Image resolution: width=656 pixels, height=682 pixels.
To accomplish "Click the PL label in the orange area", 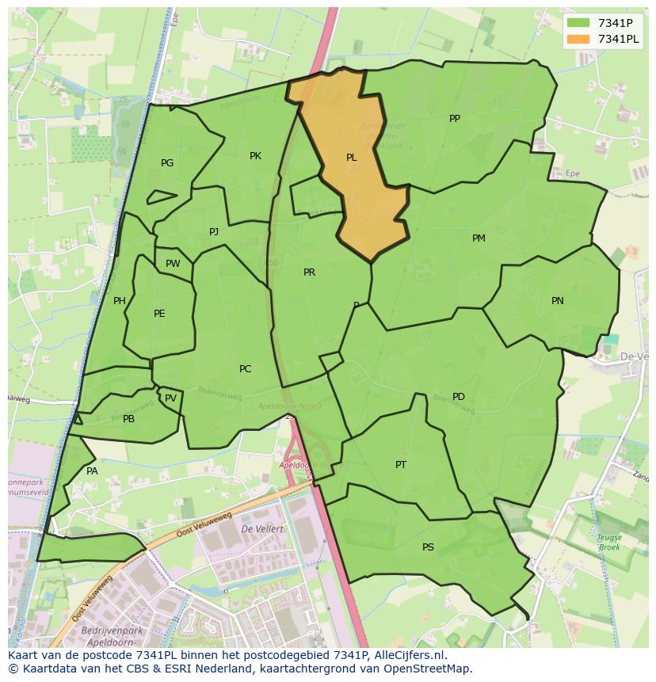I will [351, 158].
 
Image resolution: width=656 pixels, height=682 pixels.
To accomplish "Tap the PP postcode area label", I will [455, 119].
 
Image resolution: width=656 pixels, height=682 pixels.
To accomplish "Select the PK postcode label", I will [255, 156].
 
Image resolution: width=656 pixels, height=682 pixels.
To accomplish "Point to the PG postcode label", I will [167, 163].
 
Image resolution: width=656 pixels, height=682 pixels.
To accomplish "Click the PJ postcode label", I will [214, 231].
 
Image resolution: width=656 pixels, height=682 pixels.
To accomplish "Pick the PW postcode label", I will [173, 264].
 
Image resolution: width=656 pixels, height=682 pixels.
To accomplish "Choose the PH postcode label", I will [120, 301].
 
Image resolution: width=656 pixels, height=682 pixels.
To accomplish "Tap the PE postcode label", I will [159, 314].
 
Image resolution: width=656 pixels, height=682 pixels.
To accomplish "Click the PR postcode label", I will [309, 272].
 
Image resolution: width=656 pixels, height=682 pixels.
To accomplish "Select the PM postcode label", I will [479, 238].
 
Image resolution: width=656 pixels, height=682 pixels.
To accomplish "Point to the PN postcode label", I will [558, 301].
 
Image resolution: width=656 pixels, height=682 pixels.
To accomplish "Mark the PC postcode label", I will [245, 369].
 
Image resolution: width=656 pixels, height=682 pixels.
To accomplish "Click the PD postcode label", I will [459, 397].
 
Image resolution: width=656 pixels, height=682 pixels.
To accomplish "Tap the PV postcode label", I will [170, 398].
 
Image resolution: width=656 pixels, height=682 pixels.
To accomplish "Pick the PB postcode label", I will [128, 419].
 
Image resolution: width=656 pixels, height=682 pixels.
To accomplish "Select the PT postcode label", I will [401, 465].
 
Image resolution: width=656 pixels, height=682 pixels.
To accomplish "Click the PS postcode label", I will [428, 547].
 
